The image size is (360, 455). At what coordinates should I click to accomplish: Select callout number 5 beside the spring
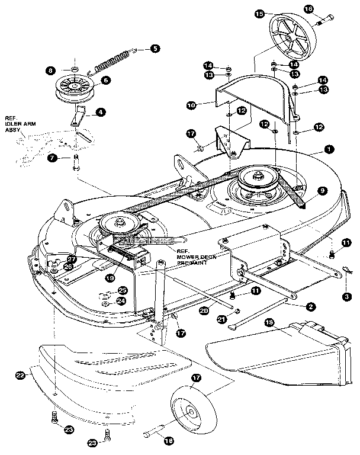pos(155,49)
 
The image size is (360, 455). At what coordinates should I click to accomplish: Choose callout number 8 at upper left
pos(51,71)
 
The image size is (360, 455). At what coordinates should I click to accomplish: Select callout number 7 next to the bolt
pos(53,158)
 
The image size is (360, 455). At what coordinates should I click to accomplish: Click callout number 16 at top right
pos(324,9)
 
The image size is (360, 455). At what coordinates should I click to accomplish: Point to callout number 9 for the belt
pos(321,191)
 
